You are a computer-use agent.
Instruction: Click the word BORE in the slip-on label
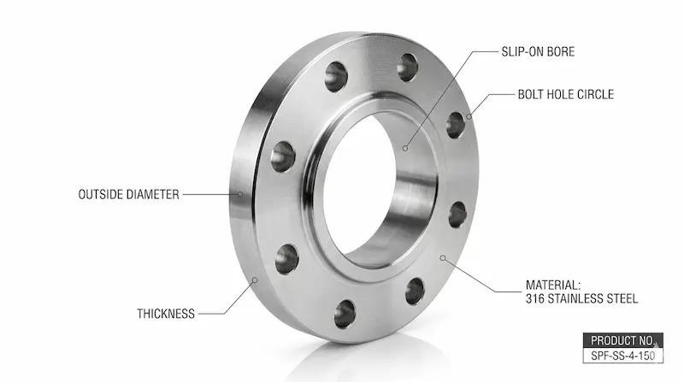[x=557, y=52]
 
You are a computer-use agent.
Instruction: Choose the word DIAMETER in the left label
[x=153, y=195]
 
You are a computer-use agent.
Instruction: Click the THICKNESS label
[x=166, y=314]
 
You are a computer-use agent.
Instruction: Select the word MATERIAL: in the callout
[x=553, y=285]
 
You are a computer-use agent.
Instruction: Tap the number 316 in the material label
[x=535, y=299]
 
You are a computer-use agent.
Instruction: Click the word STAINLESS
[x=577, y=299]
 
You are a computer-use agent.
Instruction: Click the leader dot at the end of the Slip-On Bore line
[x=407, y=148]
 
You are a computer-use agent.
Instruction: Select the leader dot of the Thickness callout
[x=256, y=278]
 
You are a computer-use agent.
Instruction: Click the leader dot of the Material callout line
[x=443, y=256]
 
